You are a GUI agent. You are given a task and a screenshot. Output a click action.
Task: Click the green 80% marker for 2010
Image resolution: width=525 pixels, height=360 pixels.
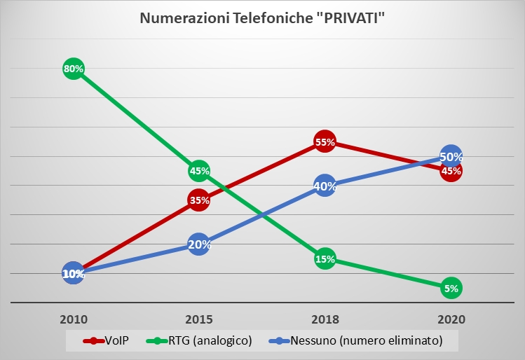click(74, 69)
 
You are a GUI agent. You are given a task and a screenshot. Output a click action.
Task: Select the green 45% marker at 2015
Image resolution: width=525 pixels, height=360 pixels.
click(199, 171)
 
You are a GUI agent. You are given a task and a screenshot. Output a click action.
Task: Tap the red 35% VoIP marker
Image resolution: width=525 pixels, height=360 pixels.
click(199, 200)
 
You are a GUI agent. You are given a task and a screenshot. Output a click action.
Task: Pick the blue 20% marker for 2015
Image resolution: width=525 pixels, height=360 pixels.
click(199, 244)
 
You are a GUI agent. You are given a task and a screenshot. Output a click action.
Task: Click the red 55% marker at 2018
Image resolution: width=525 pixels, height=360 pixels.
click(325, 142)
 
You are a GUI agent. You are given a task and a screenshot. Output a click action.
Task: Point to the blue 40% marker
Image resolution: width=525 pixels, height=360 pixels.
click(325, 186)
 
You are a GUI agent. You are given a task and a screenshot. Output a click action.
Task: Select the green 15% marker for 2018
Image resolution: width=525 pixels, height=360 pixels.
click(325, 259)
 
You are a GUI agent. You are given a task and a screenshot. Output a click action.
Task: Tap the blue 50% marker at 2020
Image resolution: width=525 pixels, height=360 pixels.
click(451, 157)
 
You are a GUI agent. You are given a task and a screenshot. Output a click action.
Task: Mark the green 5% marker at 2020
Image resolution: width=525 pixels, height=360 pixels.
click(451, 288)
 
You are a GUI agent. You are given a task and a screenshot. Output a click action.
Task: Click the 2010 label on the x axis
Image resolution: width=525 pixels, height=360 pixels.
click(74, 319)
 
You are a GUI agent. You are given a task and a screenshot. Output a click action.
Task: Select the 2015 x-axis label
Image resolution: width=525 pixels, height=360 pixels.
click(199, 319)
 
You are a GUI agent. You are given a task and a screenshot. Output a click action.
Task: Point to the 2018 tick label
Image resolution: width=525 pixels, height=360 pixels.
click(325, 319)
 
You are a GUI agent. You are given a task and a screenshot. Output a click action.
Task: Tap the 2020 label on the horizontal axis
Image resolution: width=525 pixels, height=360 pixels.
click(451, 319)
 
